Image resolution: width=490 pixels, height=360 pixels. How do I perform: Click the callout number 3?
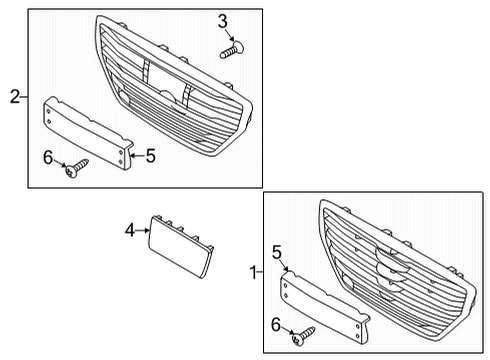pos(223,22)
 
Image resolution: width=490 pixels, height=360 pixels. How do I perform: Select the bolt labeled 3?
pos(232,50)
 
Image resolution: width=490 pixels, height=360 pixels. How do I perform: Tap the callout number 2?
pos(15,97)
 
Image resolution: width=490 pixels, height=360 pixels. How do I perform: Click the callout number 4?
pos(130,230)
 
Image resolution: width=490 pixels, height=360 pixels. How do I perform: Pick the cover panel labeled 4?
pos(180,246)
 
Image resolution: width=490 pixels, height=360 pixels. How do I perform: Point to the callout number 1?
pos(254,273)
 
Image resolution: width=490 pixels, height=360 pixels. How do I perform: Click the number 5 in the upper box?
pos(151,156)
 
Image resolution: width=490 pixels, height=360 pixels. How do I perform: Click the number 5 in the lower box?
pos(277,252)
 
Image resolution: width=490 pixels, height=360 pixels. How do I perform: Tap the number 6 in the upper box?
pos(48,157)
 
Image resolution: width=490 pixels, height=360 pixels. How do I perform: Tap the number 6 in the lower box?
pos(276,325)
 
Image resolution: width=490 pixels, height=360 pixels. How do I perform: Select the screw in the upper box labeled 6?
pos(77,168)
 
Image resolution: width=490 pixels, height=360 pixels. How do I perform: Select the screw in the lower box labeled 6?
pos(303,336)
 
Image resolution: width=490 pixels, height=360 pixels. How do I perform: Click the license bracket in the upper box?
pos(88,133)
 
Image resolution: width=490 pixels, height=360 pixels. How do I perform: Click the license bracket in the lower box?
pos(325,307)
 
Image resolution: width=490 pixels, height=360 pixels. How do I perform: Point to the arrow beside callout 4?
pos(142,230)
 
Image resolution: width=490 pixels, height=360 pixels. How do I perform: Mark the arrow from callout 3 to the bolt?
pos(230,35)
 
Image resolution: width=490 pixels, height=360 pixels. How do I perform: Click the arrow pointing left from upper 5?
pos(137,155)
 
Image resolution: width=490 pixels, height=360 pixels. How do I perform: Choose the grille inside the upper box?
pos(173,86)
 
